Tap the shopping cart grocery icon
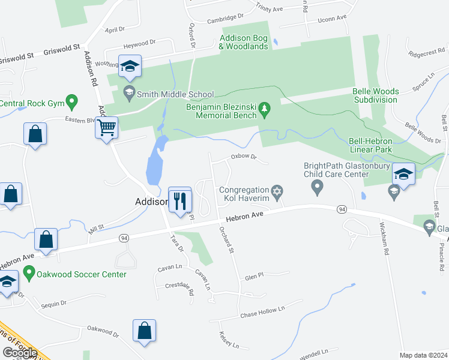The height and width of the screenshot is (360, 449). (106, 127)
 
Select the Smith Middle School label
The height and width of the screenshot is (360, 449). (175, 94)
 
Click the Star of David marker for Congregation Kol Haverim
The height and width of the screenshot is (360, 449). (277, 191)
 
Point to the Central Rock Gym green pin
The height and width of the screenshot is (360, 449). (72, 100)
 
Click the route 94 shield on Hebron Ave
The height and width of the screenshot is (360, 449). (342, 209)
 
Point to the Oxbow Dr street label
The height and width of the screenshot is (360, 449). (244, 157)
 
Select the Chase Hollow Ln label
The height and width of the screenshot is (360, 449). (262, 313)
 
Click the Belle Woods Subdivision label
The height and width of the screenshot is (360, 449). (375, 95)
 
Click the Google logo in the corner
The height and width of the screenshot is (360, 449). (20, 353)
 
